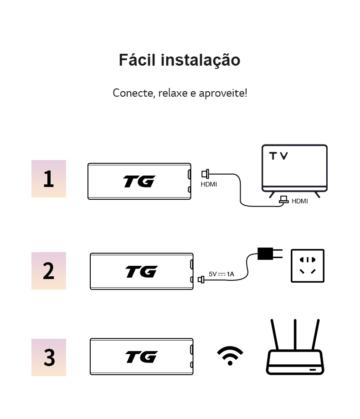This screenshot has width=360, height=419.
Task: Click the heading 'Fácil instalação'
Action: (180, 60)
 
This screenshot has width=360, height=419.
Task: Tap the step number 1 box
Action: (49, 179)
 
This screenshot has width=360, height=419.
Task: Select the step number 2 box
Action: (49, 271)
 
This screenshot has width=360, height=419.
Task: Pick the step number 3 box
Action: (49, 357)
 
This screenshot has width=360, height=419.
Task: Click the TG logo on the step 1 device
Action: (139, 181)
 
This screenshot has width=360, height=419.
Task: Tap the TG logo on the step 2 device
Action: (142, 272)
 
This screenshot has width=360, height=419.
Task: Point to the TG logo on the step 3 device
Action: (142, 357)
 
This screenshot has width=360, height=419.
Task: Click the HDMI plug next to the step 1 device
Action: (206, 174)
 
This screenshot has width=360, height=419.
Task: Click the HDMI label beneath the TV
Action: (300, 201)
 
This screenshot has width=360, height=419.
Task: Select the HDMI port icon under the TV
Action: (284, 200)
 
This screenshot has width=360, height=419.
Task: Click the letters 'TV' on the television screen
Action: (278, 156)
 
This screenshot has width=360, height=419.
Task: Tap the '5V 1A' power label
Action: (221, 274)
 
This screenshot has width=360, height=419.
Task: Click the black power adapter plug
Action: (265, 253)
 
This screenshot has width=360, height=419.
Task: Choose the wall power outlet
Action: (307, 266)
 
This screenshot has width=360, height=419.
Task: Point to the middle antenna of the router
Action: (295, 335)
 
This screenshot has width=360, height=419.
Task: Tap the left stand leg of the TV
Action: (272, 194)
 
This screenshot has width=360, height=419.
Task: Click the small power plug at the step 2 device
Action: (201, 279)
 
